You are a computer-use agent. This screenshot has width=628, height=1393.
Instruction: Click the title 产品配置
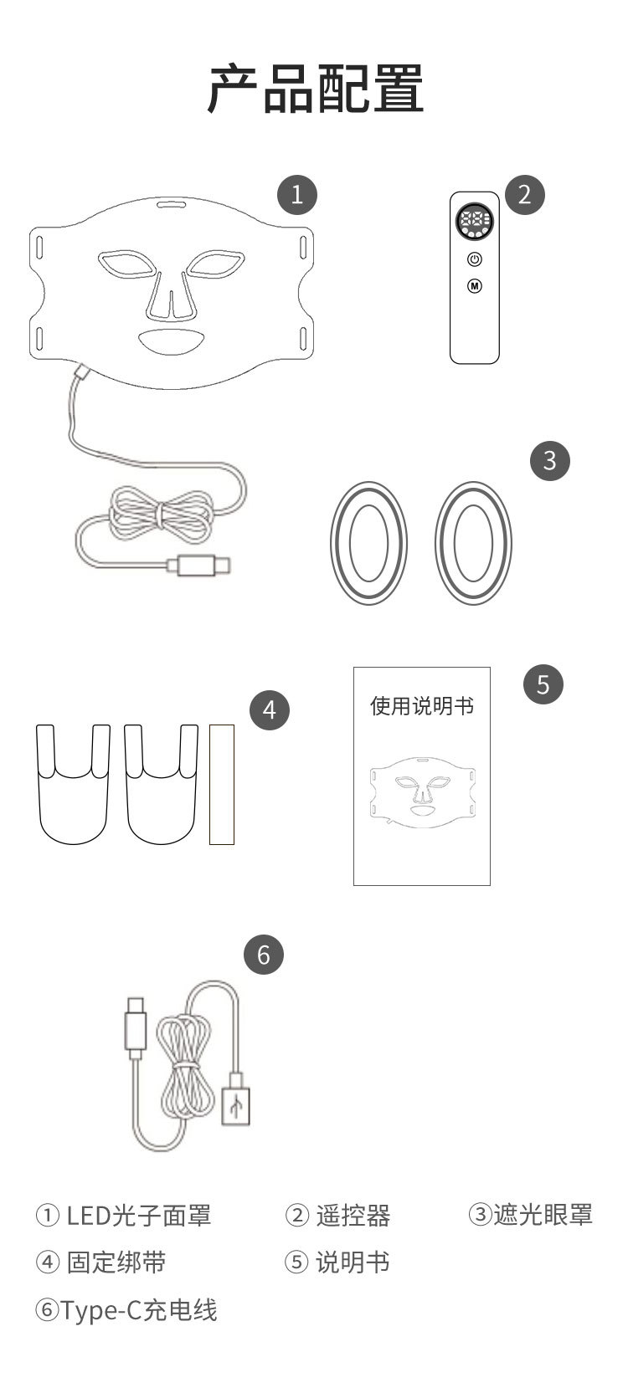point(315,89)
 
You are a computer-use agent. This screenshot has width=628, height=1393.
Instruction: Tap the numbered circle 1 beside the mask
point(297,194)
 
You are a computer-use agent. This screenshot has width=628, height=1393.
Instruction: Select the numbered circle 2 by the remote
point(524,194)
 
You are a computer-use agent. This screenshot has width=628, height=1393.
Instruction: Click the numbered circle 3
point(549,460)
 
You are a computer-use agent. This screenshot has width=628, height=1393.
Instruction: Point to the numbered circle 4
point(269,709)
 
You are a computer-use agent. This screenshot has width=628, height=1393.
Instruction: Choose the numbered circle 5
point(543,684)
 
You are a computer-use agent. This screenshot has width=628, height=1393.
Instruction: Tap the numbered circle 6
point(264,955)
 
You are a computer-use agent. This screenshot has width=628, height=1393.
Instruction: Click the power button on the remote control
point(475,259)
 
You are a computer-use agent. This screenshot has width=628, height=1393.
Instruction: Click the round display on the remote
point(475,223)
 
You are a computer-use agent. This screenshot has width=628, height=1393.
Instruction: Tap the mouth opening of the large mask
point(172,340)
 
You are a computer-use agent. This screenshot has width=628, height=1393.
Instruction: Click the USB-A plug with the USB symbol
point(236,1104)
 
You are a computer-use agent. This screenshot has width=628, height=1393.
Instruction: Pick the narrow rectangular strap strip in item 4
point(222,784)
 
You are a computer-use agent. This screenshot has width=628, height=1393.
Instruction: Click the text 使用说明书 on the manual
point(422,706)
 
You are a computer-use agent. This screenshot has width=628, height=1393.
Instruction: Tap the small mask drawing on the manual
point(422,790)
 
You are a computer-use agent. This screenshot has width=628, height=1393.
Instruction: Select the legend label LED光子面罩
point(139,1215)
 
